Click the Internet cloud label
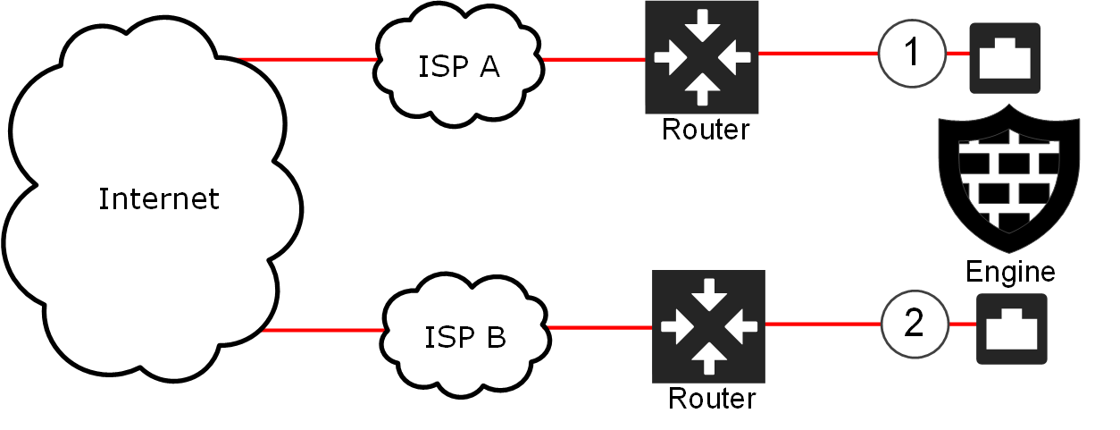[158, 198]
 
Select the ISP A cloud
[459, 64]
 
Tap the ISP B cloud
[464, 336]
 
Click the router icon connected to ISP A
[702, 56]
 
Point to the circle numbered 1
[912, 54]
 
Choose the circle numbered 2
[915, 324]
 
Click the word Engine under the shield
[1010, 271]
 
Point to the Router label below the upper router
[706, 130]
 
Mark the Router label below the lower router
[712, 398]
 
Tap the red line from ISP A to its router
[594, 60]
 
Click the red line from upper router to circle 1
[817, 54]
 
